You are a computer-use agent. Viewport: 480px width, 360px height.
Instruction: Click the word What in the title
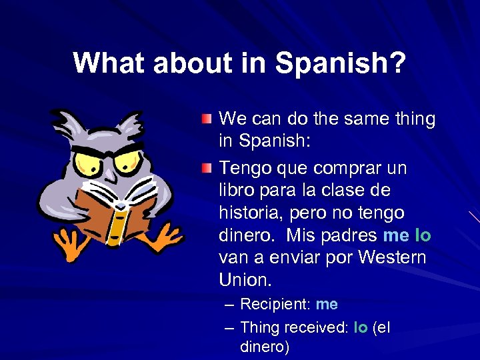pos(110,63)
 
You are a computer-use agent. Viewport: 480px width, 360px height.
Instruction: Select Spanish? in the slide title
pos(341,63)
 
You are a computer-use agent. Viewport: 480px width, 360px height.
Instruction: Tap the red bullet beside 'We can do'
pos(208,119)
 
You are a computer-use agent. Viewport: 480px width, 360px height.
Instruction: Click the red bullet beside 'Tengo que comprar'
pos(208,166)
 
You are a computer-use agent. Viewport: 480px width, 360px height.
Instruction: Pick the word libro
pos(236,190)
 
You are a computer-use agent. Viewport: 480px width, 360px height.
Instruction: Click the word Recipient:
pos(275,305)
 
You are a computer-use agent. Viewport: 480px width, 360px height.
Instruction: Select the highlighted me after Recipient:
pos(327,305)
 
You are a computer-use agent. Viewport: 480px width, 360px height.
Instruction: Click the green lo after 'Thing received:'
pos(361,327)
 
